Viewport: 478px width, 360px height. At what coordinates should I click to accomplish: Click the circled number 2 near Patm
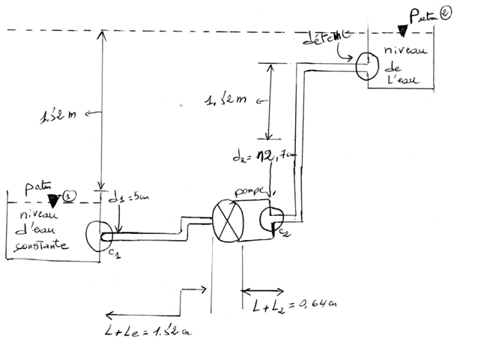pyautogui.click(x=445, y=13)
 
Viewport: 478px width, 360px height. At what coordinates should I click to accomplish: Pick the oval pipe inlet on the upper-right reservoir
pyautogui.click(x=365, y=64)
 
